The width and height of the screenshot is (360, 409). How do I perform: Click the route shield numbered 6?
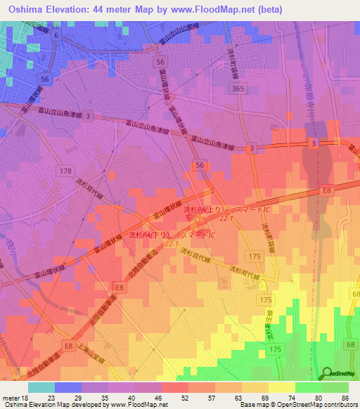coord(57,34)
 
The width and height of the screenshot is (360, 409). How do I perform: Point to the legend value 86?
coord(345,398)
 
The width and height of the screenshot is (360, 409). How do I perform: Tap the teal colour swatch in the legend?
coord(41,387)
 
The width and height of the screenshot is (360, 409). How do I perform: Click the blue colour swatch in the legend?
coord(68,387)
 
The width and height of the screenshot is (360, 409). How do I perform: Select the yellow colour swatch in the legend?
coord(282,387)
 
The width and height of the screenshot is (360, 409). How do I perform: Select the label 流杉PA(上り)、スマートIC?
coord(226,209)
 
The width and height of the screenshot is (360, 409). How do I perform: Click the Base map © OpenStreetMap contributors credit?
coord(304,405)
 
